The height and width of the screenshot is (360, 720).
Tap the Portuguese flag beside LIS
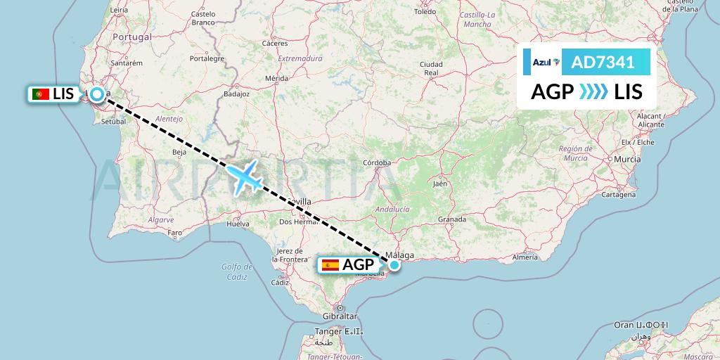click(41, 94)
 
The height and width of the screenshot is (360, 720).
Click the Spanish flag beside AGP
click(330, 265)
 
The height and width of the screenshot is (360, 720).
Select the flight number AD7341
click(603, 63)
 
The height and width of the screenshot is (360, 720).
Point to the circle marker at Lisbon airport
click(96, 93)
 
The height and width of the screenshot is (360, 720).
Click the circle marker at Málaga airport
click(394, 265)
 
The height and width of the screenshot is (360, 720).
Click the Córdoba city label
click(376, 162)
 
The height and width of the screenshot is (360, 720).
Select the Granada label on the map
click(451, 219)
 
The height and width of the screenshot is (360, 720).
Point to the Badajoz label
click(236, 93)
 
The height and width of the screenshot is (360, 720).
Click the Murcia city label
click(626, 160)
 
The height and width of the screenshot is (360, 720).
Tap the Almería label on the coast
click(525, 257)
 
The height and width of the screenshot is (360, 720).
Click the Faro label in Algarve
click(175, 233)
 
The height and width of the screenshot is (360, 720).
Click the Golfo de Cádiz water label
click(237, 271)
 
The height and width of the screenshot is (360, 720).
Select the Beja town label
click(180, 151)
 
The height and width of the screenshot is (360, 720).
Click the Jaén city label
click(440, 184)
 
